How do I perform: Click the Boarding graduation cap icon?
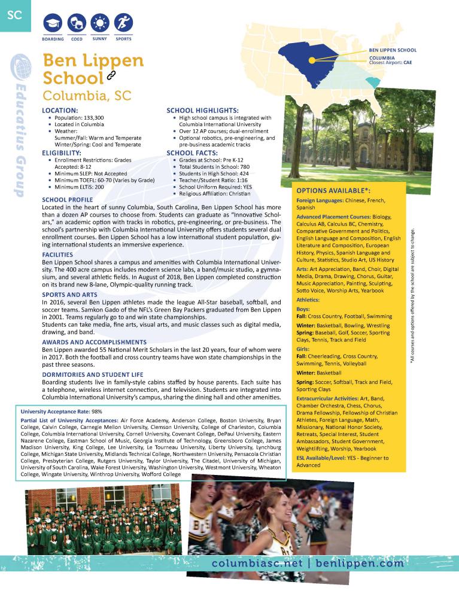pos(53,24)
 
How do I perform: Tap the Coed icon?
pos(77,24)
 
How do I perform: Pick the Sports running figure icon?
pos(123,24)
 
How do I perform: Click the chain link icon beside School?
pos(111,75)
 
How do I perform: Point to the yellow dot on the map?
pos(313,59)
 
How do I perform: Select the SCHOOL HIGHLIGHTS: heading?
pos(202,111)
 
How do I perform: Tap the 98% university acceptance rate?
pos(97,412)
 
